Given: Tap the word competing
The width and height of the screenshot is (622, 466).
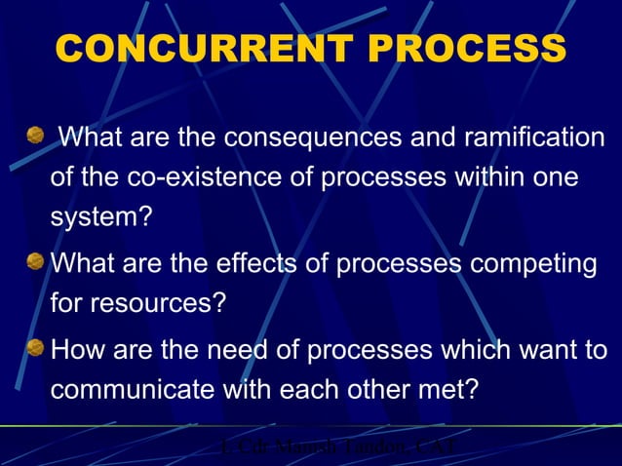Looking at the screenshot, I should click(x=531, y=264).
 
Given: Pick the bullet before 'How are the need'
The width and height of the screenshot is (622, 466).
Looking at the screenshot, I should click(x=36, y=347).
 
